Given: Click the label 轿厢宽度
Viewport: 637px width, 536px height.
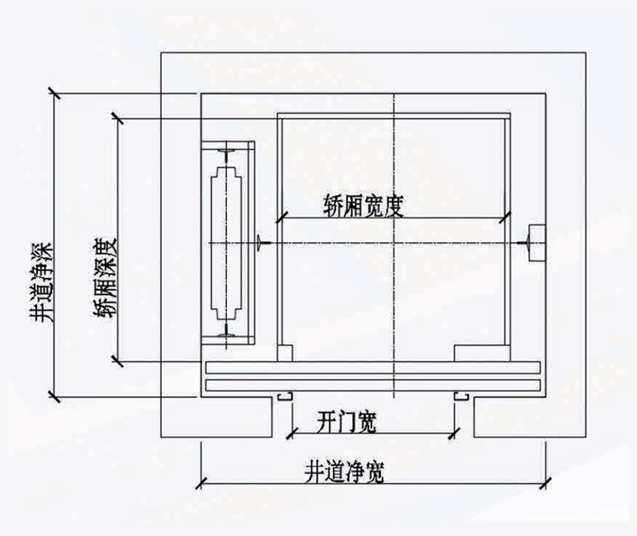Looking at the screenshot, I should pos(364,205).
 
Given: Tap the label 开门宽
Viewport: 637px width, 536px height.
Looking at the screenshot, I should pos(348,423).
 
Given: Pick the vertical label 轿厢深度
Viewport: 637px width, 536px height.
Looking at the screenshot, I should pos(106,276).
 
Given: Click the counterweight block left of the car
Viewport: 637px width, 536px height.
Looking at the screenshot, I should pos(226,242).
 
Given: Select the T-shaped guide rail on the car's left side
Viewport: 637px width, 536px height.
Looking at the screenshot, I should pos(262,243).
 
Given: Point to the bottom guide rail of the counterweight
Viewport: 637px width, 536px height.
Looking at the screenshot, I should pos(225,337).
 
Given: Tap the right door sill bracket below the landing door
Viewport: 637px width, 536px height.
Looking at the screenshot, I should pos(461,394).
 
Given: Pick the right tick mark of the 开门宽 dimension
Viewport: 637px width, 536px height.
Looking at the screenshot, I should pos(457,432).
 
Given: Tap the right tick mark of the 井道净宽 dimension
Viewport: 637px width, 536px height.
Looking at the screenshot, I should pos(546,482).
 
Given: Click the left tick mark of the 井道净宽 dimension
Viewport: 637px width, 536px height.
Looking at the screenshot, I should pos(200,482).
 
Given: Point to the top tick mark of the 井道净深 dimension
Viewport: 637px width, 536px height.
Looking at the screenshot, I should pos(54,91).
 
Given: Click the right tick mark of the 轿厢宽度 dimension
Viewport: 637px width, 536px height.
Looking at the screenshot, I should pos(505,219).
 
